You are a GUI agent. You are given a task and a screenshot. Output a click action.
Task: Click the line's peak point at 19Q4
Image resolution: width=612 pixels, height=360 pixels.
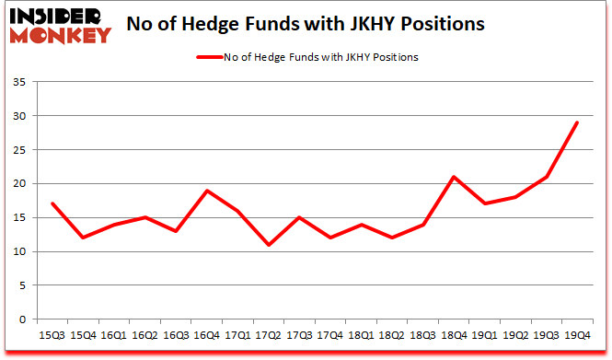click(x=578, y=122)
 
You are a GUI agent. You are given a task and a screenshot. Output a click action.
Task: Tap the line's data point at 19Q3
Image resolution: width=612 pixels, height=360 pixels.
click(x=548, y=177)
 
